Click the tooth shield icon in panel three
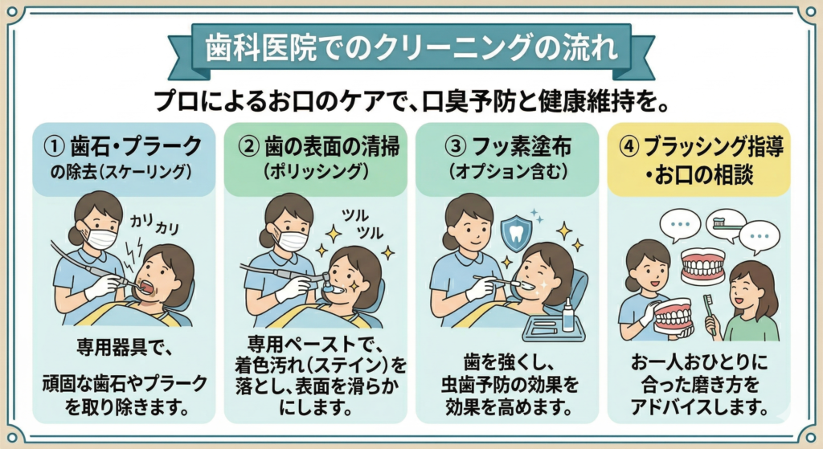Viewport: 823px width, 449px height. pyautogui.click(x=515, y=231)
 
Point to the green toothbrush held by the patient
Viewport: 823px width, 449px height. pyautogui.click(x=710, y=314)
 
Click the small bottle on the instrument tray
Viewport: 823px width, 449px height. pyautogui.click(x=568, y=315)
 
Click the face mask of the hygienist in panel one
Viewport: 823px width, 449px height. pyautogui.click(x=100, y=238)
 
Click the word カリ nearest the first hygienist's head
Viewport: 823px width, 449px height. pyautogui.click(x=141, y=221)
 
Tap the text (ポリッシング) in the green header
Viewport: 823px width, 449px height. pyautogui.click(x=315, y=172)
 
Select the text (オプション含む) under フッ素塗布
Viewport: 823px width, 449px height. pyautogui.click(x=507, y=172)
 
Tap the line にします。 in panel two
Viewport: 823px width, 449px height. pyautogui.click(x=315, y=407)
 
